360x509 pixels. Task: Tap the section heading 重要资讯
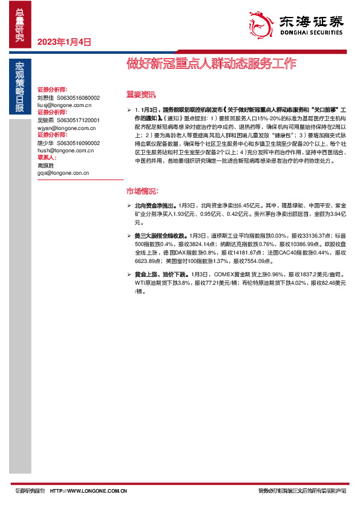[140, 94]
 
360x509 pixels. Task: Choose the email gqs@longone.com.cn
[62, 172]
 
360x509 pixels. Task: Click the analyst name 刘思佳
[45, 97]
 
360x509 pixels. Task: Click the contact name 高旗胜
[45, 165]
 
